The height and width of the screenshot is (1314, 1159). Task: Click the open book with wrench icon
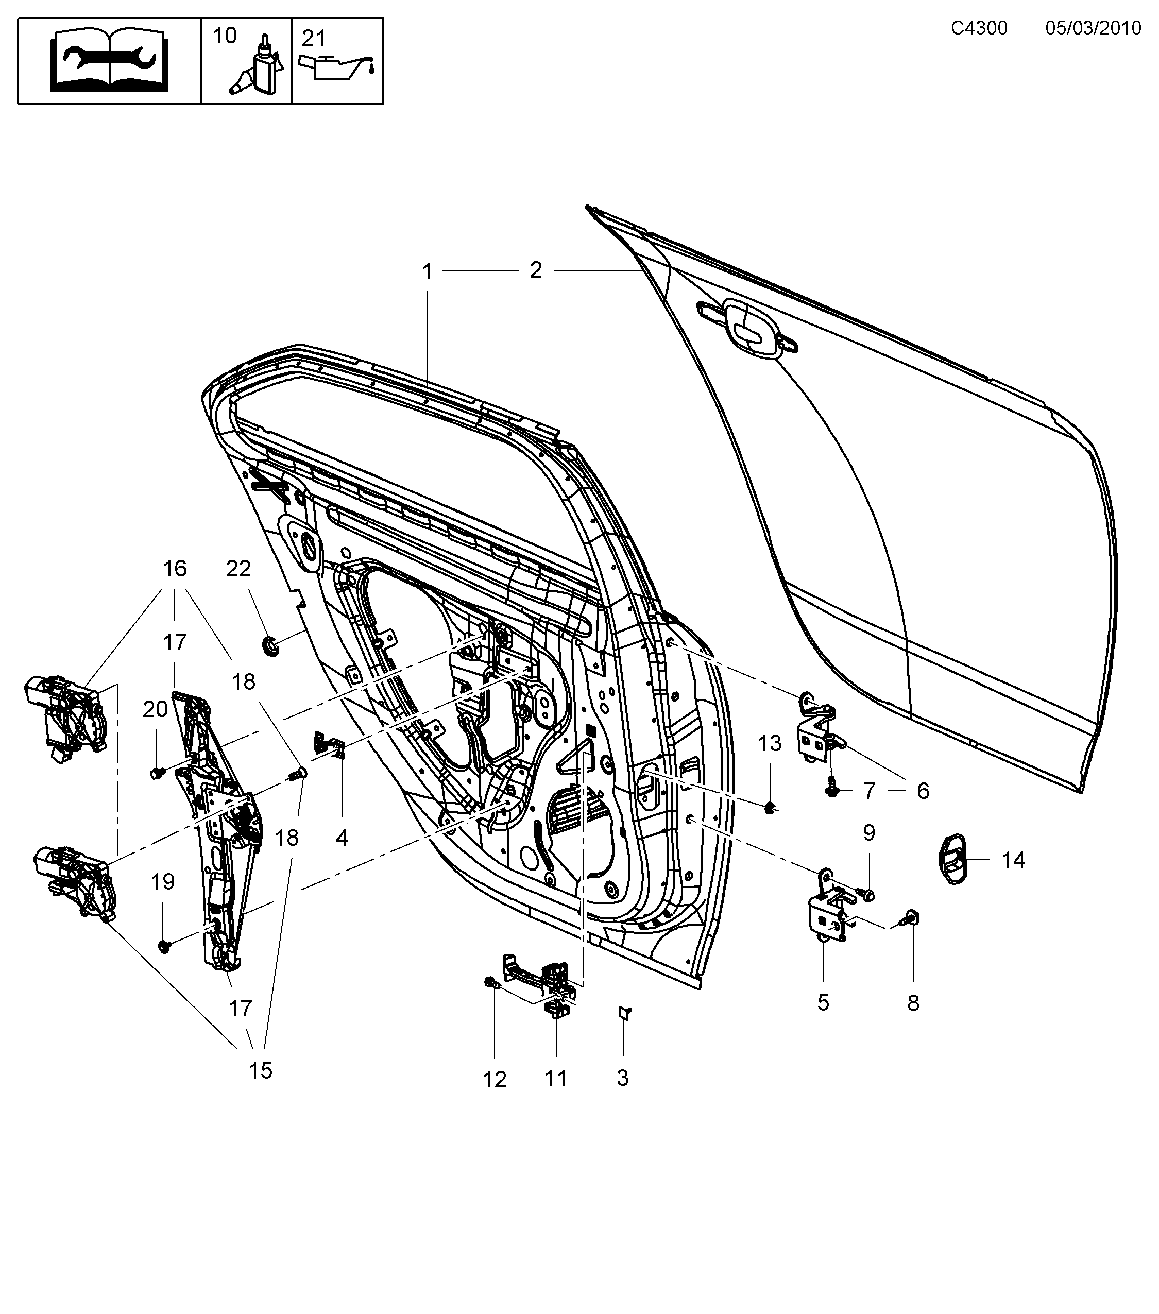click(x=110, y=62)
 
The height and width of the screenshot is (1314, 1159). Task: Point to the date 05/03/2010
click(x=1093, y=28)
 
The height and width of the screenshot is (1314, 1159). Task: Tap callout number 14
click(x=1013, y=860)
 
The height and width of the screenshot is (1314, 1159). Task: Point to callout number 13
click(x=770, y=743)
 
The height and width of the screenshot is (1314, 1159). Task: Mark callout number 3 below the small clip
click(x=622, y=1078)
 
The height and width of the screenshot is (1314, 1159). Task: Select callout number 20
click(x=155, y=709)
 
